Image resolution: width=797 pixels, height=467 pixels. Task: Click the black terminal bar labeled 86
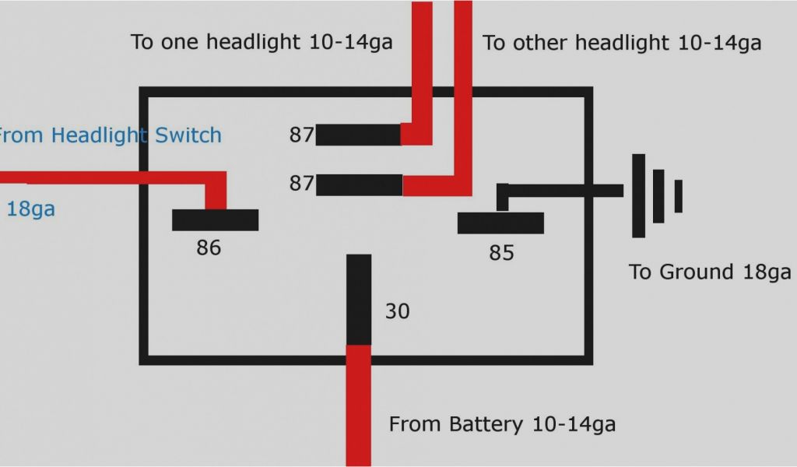(215, 220)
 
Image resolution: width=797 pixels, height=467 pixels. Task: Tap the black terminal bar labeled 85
(500, 223)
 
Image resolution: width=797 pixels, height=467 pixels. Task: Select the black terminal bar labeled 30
(359, 299)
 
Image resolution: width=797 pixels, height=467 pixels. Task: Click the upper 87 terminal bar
(358, 135)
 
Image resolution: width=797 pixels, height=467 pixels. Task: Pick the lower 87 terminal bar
(359, 184)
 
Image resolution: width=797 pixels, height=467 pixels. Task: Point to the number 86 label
(209, 248)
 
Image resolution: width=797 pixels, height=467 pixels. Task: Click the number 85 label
(501, 253)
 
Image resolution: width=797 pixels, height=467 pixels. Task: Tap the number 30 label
(397, 311)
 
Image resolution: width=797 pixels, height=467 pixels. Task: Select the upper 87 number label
(301, 135)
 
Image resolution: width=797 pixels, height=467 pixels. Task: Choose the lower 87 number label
(301, 184)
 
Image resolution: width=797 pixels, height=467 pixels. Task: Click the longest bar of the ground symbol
(638, 195)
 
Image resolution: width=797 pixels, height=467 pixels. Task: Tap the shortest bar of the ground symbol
(678, 195)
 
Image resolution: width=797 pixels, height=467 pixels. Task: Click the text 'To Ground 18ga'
(710, 272)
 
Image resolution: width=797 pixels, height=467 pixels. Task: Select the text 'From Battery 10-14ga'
(502, 424)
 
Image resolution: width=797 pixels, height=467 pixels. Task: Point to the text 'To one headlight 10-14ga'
(262, 42)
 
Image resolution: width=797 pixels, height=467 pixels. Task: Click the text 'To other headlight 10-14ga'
(622, 43)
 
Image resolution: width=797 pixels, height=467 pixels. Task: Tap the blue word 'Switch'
(188, 135)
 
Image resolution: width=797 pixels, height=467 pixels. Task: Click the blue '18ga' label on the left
(31, 209)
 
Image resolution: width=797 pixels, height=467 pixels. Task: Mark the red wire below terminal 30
(358, 405)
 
